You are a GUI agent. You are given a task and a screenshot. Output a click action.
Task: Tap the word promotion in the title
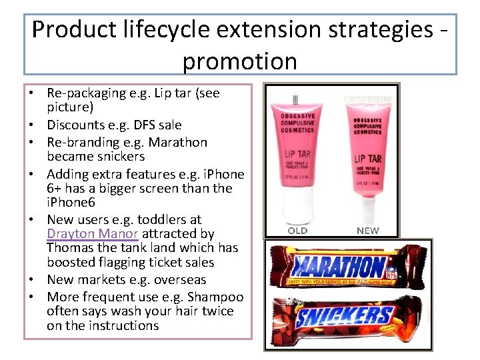239,61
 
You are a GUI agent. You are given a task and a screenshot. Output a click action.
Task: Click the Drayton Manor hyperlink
93,234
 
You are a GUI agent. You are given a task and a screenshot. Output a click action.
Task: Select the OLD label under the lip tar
297,231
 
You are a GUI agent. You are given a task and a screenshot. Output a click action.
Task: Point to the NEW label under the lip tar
367,231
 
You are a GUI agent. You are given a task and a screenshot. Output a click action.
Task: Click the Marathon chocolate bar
331,268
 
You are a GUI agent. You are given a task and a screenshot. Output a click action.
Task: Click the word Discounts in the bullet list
73,125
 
